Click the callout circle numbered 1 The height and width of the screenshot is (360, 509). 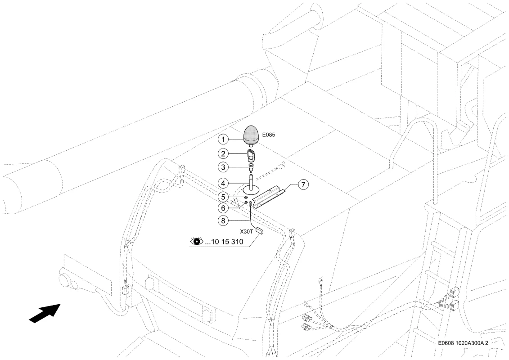pos(223,139)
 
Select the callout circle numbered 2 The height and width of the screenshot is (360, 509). pos(223,153)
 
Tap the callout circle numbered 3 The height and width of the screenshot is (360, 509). pos(223,167)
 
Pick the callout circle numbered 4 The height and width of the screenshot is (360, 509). pos(223,184)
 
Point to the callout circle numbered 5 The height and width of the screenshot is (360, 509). pos(223,197)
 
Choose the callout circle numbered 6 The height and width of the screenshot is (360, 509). pos(223,208)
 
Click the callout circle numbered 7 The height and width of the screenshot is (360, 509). pos(303,184)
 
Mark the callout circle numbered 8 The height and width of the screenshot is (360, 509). pos(223,221)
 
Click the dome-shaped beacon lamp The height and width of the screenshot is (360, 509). pos(251,136)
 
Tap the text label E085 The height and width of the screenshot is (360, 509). pos(269,135)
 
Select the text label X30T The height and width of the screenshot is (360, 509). pos(246,232)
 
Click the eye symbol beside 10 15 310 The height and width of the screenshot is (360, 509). pos(196,242)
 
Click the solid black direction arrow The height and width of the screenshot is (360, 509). pos(45,313)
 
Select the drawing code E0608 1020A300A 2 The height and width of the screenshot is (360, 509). pos(463,343)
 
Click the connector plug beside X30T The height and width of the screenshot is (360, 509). pos(259,231)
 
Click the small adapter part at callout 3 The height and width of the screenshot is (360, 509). pos(251,168)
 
